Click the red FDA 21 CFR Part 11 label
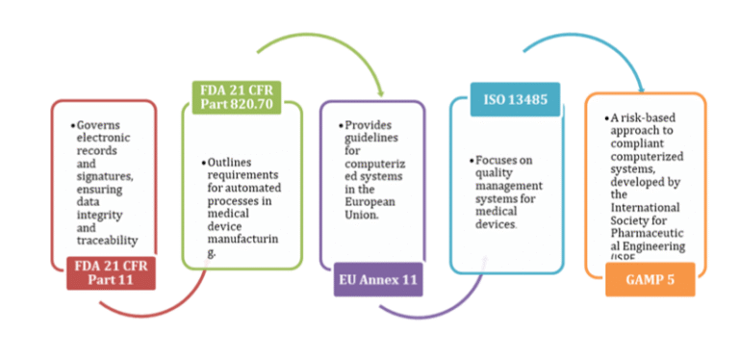pos(111,273)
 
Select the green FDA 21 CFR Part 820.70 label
pos(235,99)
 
